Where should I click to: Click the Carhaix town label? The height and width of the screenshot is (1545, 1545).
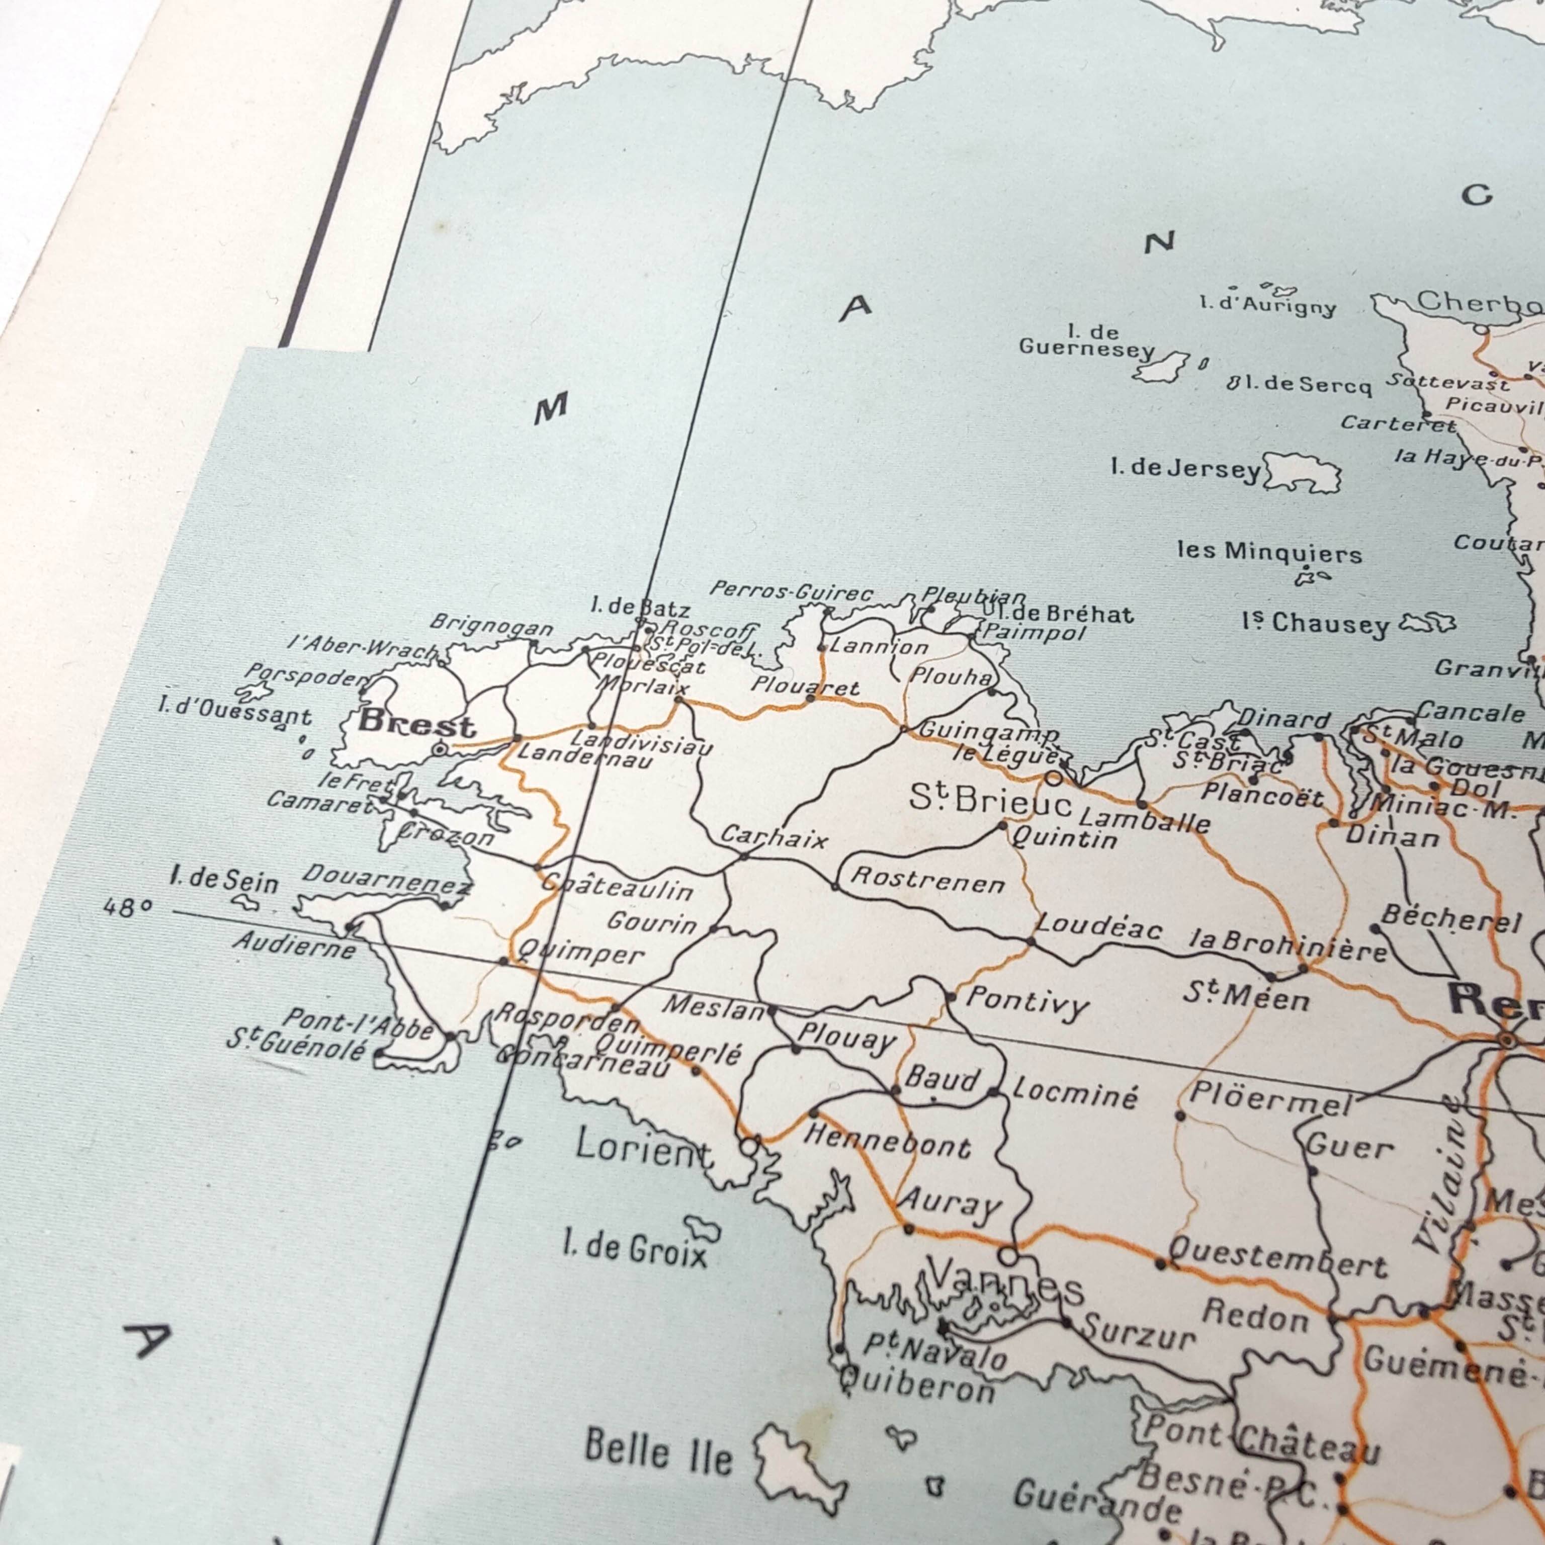[774, 837]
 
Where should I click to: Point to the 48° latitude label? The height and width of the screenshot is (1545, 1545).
[127, 908]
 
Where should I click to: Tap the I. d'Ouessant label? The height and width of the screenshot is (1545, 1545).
[235, 712]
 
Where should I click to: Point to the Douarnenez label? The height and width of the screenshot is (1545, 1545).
[387, 878]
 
